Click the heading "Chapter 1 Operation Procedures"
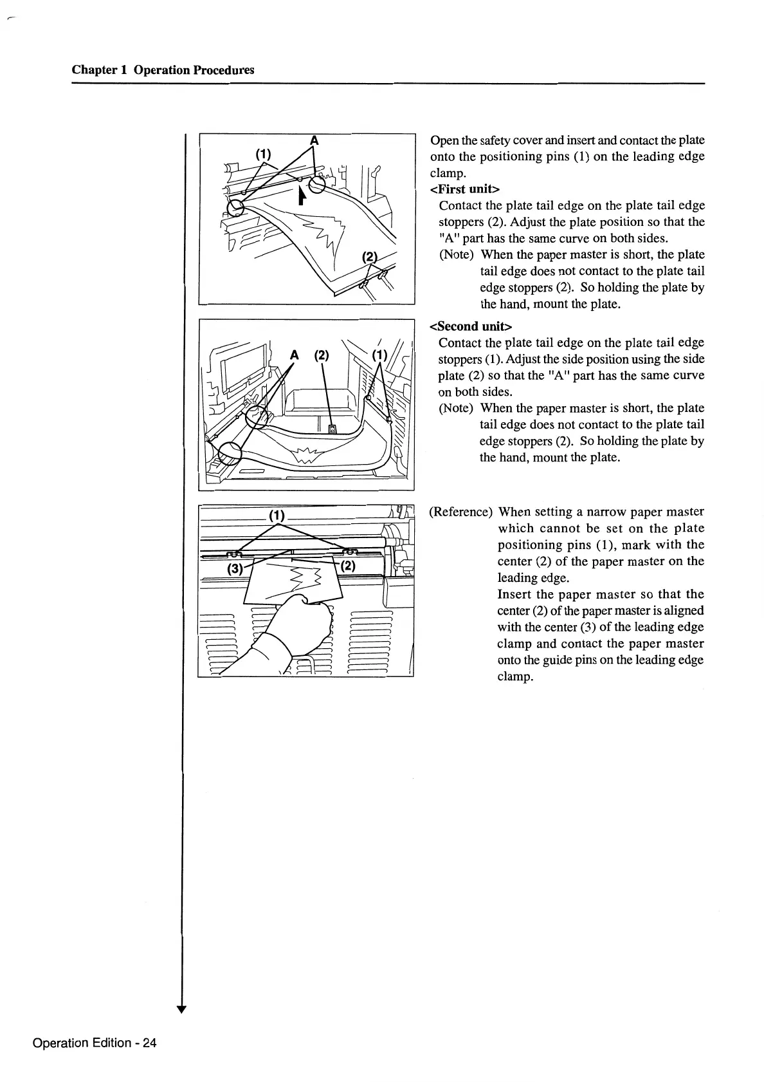tap(163, 70)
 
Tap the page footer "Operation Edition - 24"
tap(95, 1043)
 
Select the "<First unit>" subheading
tap(465, 189)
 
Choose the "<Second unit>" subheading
tap(470, 326)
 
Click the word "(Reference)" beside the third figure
tap(460, 512)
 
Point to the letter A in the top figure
tap(314, 140)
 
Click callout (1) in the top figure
tap(264, 154)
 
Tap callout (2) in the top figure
tap(370, 257)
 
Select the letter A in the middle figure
tap(295, 355)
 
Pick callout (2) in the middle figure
tap(321, 355)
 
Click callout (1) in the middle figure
tap(381, 355)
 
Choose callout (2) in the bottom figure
tap(347, 566)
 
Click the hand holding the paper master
tap(302, 628)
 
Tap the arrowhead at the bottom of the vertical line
tap(183, 1009)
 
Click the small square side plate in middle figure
tap(332, 429)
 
